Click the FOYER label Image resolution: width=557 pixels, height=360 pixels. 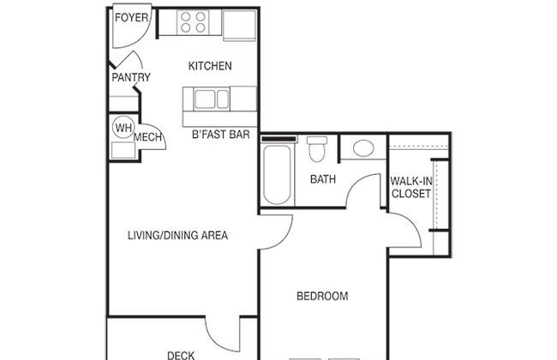[x=131, y=17]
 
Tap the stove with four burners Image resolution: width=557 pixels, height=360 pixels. [x=193, y=22]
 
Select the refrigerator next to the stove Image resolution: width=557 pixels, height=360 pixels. [x=239, y=25]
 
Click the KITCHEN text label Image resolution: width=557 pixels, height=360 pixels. [x=210, y=66]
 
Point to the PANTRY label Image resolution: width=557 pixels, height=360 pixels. [x=131, y=77]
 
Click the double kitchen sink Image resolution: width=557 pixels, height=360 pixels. [x=212, y=99]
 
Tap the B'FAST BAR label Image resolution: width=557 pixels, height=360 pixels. [x=220, y=135]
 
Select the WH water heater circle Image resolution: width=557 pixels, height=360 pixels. [x=123, y=127]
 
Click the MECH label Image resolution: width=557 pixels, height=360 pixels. [x=147, y=137]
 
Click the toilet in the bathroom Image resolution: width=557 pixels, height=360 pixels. [x=317, y=149]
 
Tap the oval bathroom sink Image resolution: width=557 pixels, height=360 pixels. [x=363, y=148]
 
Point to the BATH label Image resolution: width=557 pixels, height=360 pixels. [x=323, y=179]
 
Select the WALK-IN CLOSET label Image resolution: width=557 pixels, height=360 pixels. [x=411, y=187]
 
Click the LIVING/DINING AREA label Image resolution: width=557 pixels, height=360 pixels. [x=177, y=235]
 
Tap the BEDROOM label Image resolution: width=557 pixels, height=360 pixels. [x=322, y=296]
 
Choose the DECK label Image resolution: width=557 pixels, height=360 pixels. [x=181, y=356]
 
